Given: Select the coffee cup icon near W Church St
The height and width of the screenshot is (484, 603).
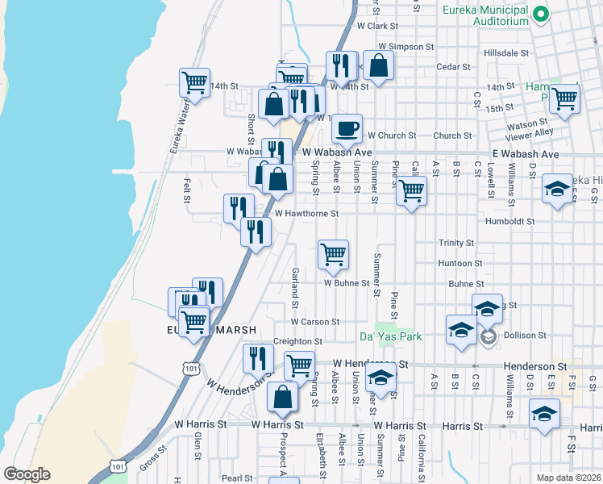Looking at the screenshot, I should pos(347,127).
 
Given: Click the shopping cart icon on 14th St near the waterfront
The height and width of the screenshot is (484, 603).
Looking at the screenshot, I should pos(195,81).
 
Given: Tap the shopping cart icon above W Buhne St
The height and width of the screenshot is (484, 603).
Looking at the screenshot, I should pos(333,254).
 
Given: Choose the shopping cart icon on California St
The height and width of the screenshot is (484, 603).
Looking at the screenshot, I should pos(411,191).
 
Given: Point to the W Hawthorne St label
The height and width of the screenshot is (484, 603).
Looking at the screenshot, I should pos(306,214).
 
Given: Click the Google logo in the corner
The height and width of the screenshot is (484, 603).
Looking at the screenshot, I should pos(27,474).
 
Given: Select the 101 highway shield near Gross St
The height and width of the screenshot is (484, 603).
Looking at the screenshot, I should pos(118,466).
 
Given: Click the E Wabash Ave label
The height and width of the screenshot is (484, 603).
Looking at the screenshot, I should pos(525,154).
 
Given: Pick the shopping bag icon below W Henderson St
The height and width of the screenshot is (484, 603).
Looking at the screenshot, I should pos(282,396).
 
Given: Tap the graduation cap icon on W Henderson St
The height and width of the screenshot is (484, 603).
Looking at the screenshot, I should pos(380,377).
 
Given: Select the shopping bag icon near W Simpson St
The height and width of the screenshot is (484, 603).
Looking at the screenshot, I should pos(379,65).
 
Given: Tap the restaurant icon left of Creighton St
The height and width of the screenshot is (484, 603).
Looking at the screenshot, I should pos(258,357).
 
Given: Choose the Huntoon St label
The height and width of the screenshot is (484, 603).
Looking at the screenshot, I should pos(460,263).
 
